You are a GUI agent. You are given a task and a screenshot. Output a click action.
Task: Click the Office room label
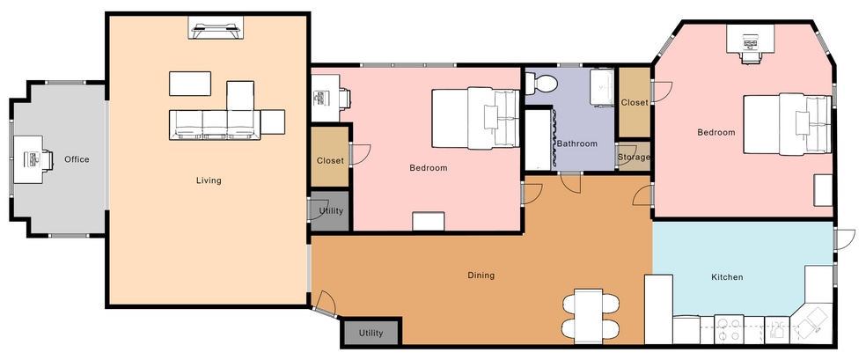click(x=77, y=159)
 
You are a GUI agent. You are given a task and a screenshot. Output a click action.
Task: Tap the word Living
click(x=209, y=180)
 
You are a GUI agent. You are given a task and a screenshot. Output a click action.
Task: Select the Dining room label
click(x=481, y=275)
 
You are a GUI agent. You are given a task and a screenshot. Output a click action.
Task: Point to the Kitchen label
click(x=727, y=277)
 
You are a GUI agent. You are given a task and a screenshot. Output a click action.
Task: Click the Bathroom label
click(x=577, y=143)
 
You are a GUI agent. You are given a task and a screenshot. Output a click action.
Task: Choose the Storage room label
click(x=634, y=157)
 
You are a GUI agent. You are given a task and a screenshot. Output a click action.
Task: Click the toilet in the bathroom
click(x=541, y=84)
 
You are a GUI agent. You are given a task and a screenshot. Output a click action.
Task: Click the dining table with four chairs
click(x=589, y=316)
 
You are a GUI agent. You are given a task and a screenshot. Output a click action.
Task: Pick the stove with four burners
click(x=729, y=329)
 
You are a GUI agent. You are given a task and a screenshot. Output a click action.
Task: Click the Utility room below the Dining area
click(x=371, y=333)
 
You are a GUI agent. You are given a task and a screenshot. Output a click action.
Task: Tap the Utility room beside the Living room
click(x=330, y=211)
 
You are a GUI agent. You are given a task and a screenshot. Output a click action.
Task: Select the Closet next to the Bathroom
click(x=634, y=103)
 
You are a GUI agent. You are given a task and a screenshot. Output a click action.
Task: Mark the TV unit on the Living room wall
click(x=216, y=27)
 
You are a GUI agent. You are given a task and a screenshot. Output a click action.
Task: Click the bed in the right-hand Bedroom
click(x=787, y=124)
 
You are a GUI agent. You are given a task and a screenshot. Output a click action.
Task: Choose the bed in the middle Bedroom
click(x=475, y=118)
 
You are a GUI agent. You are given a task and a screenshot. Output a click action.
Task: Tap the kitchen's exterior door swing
click(x=846, y=239)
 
